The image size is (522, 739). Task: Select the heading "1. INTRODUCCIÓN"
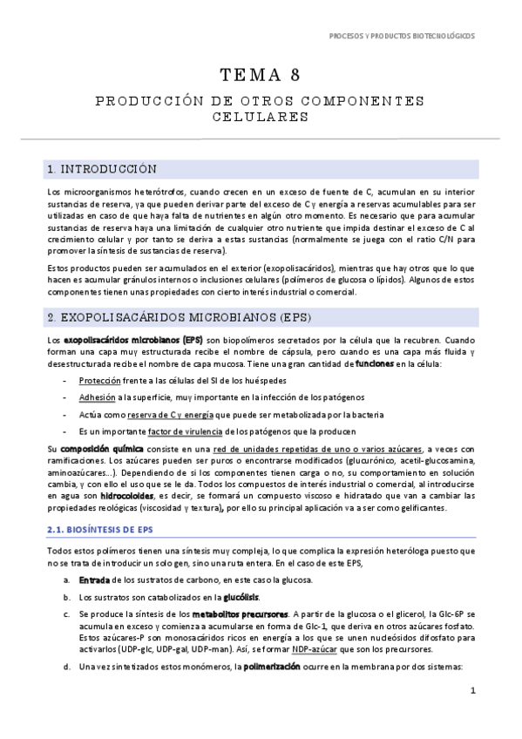102,168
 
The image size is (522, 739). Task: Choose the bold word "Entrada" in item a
94,580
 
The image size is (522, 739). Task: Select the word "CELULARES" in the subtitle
261,115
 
